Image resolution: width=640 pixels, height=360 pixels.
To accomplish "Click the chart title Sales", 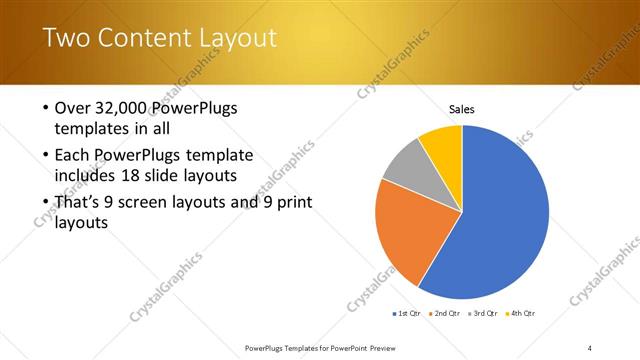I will tap(461, 109).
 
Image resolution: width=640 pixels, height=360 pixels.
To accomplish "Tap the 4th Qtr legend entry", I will tap(522, 314).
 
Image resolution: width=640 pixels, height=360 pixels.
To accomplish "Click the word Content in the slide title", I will tap(148, 39).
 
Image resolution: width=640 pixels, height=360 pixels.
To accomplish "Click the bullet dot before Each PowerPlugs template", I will tap(46, 156).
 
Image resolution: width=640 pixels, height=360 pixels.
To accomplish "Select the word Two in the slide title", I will tap(67, 39).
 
